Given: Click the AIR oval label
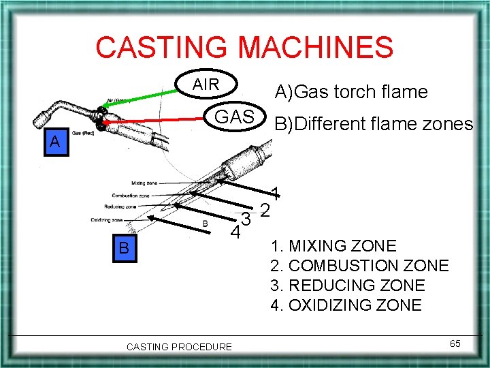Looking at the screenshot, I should pyautogui.click(x=206, y=85).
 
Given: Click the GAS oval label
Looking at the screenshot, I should pyautogui.click(x=234, y=117).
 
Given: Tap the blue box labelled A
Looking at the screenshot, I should pyautogui.click(x=54, y=143).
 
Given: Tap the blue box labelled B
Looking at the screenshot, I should pyautogui.click(x=124, y=247).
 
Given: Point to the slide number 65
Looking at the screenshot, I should pyautogui.click(x=455, y=343).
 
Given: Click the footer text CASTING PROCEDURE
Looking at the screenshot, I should pyautogui.click(x=179, y=347).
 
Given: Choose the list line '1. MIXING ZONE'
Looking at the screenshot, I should pyautogui.click(x=333, y=245).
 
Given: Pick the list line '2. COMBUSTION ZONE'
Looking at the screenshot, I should pyautogui.click(x=359, y=265).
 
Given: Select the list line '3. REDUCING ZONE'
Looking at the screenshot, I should pyautogui.click(x=347, y=285).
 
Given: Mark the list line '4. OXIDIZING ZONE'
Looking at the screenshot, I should pyautogui.click(x=346, y=305).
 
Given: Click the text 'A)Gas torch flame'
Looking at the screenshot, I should pyautogui.click(x=350, y=91).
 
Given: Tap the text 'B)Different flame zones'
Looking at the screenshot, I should pyautogui.click(x=373, y=123).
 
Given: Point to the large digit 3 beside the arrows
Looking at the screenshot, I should pyautogui.click(x=248, y=220).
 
